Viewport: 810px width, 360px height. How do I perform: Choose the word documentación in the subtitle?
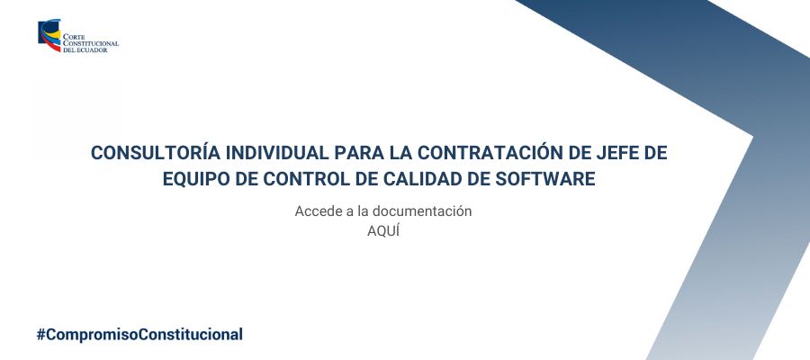421,211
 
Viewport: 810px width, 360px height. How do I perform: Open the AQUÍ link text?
383,231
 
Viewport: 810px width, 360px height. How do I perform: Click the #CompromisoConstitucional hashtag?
139,335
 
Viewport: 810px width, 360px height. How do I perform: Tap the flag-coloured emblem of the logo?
49,35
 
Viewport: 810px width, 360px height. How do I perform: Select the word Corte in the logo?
73,37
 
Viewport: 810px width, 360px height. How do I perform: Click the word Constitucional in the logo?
91,44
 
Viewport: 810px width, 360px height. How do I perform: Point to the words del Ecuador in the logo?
85,50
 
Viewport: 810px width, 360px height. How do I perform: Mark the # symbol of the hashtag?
40,335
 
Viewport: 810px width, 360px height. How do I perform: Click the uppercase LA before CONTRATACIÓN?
401,153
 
